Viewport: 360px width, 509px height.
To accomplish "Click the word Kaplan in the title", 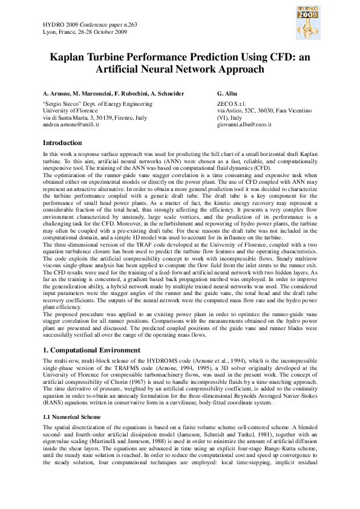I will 71,57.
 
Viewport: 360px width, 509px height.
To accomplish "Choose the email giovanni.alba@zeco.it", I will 244,125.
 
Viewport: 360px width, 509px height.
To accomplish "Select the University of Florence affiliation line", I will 70,111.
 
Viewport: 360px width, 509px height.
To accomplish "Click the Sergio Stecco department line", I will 97,104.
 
